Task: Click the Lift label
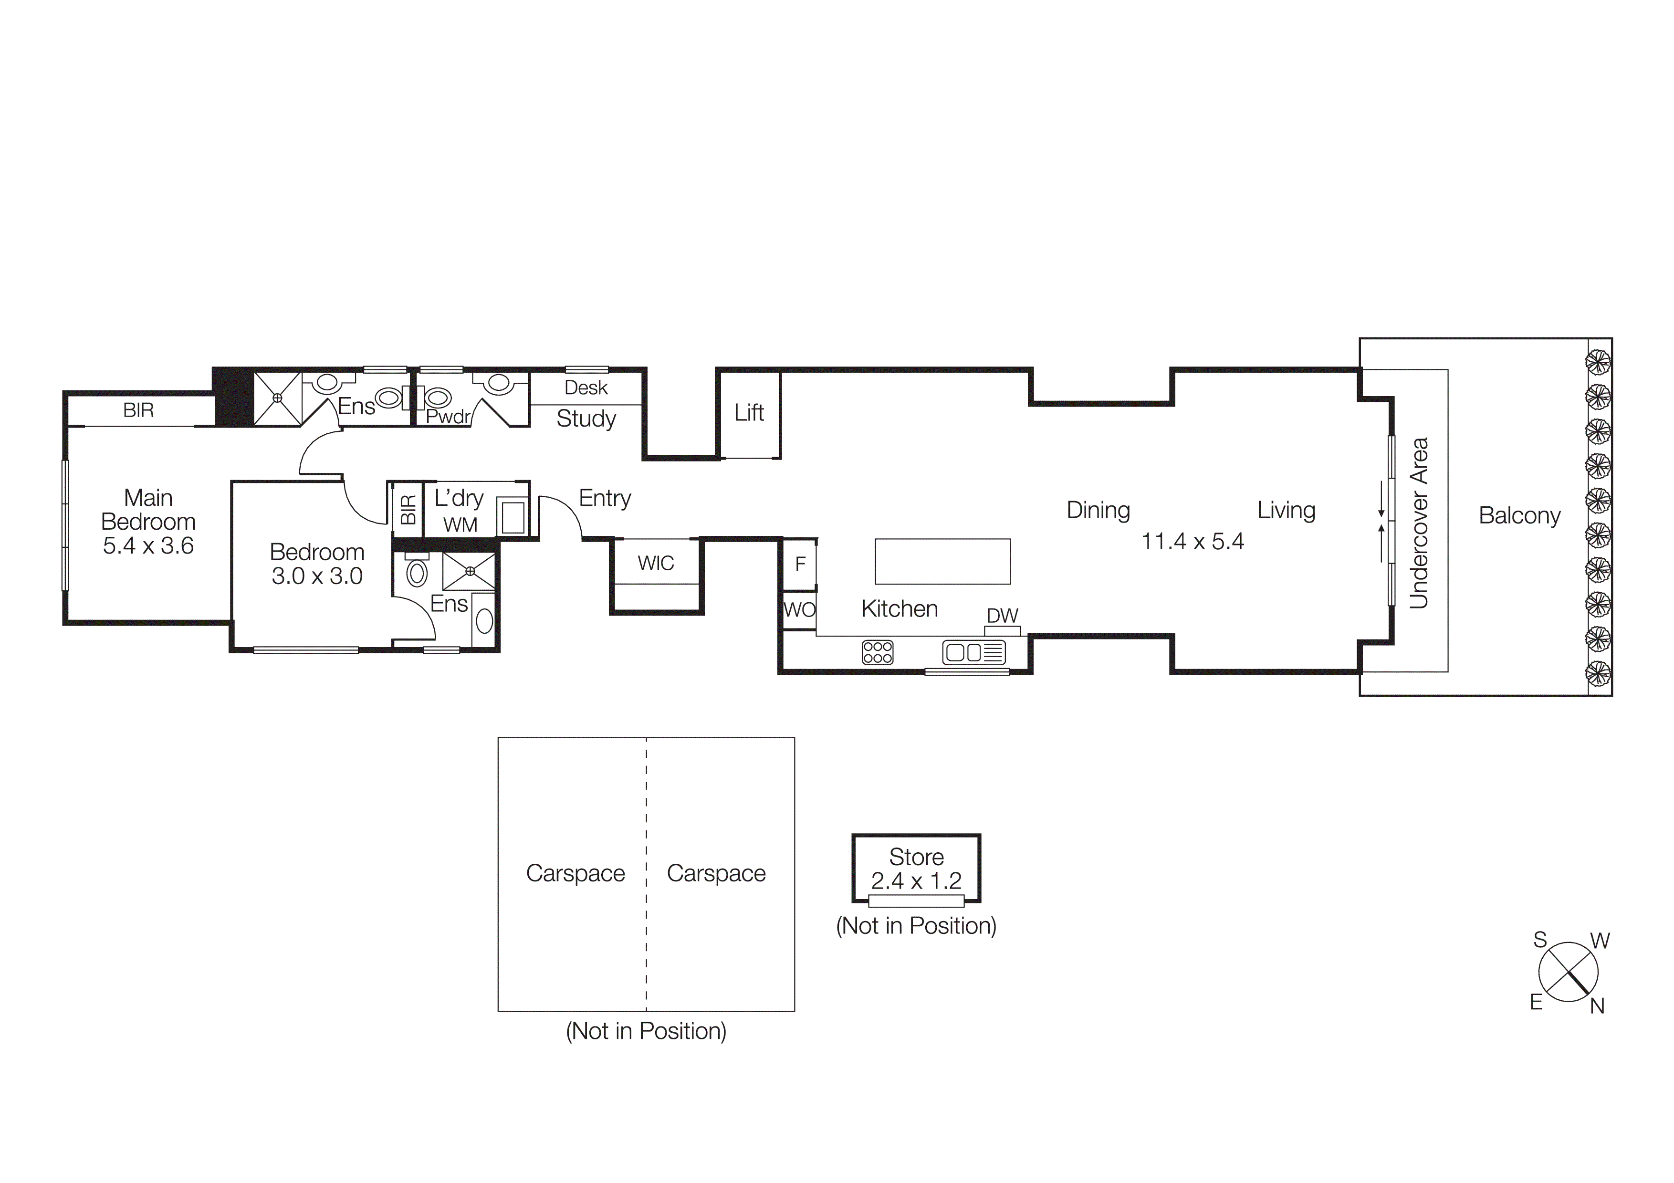pos(749,413)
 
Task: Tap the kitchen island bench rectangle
pos(942,561)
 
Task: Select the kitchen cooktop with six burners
pos(877,652)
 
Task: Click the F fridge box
pos(800,564)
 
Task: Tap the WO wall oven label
pos(799,609)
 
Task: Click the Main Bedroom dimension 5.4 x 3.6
pos(148,546)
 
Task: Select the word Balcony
pos(1519,515)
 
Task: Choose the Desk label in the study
pos(586,388)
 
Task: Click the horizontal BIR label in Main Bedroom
pos(138,410)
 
